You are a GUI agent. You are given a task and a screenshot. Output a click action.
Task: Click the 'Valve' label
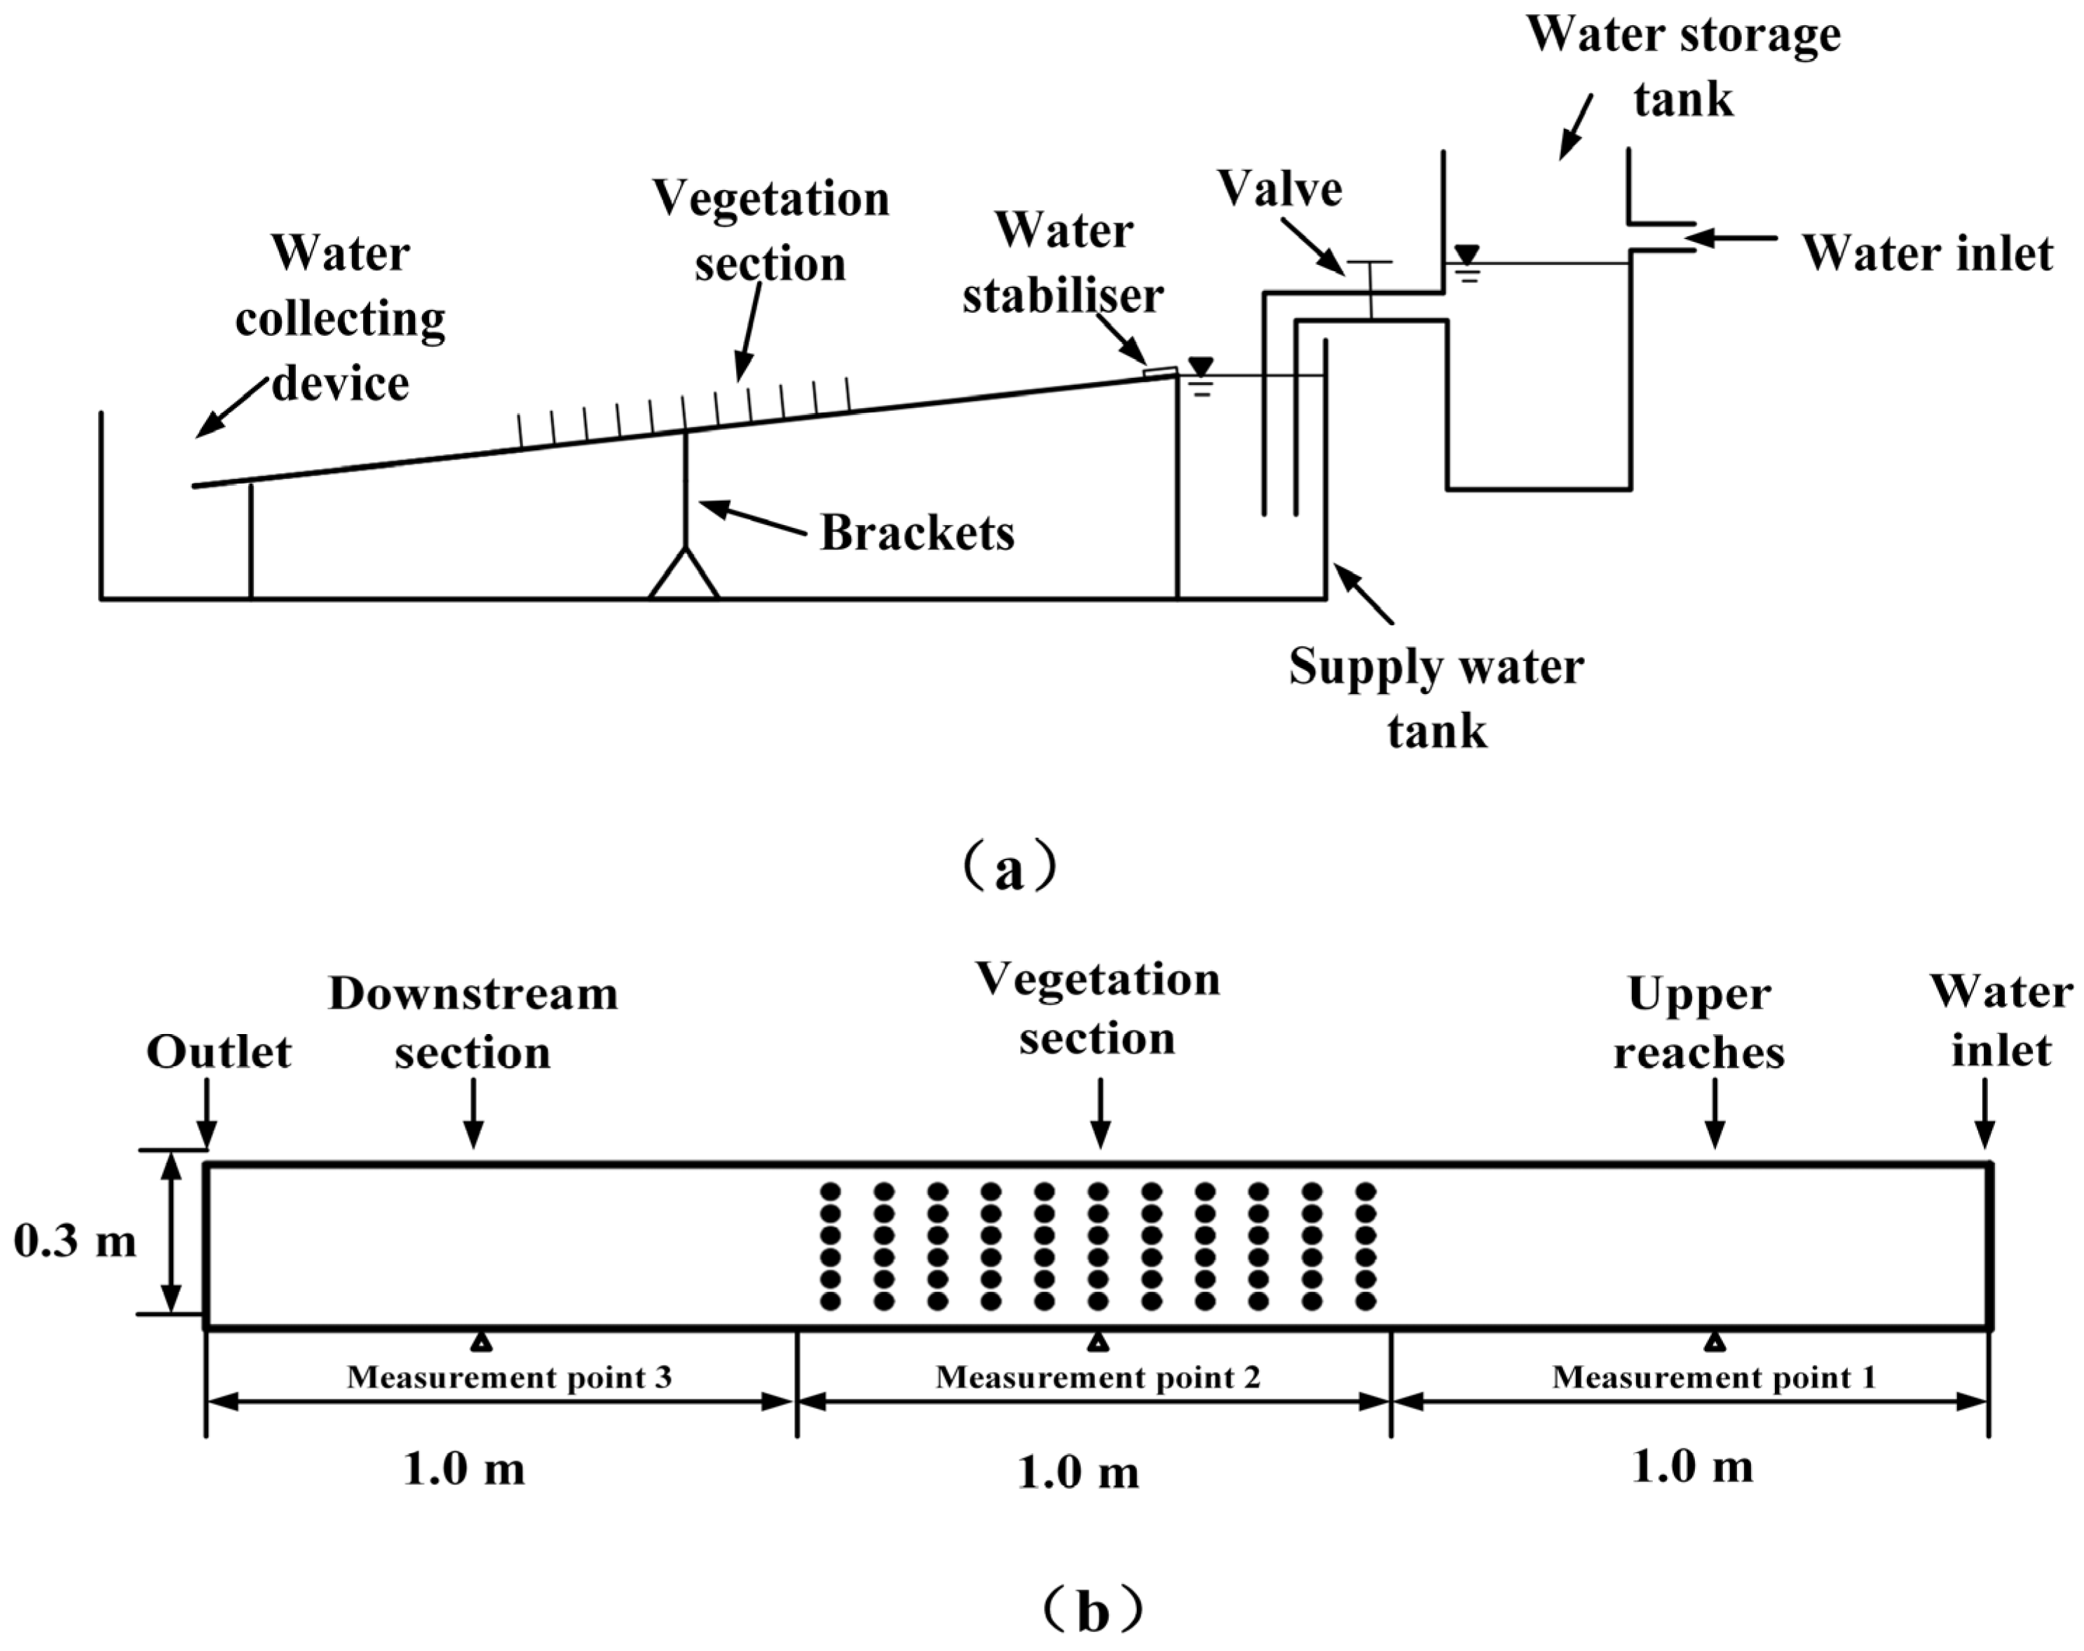[x=1279, y=189]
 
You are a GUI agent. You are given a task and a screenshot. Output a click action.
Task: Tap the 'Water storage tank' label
[x=1683, y=68]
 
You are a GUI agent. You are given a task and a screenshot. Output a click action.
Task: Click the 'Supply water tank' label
[x=1436, y=698]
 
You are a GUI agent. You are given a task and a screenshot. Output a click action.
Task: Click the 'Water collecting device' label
[x=339, y=319]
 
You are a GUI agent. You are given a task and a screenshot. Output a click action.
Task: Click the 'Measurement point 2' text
[x=1097, y=1378]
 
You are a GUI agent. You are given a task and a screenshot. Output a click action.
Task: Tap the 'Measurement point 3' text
[x=508, y=1378]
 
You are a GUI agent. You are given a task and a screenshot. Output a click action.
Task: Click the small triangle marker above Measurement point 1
[x=1714, y=1342]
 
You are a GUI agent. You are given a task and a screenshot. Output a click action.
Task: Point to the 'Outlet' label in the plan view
[x=219, y=1052]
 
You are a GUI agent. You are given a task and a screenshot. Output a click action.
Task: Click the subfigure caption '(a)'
[x=1009, y=870]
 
